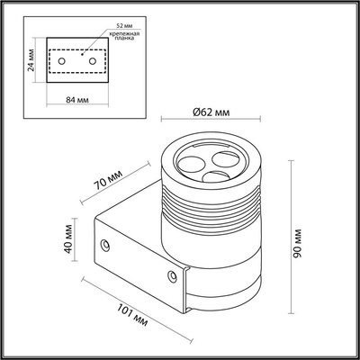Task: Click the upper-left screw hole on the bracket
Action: tap(107, 244)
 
